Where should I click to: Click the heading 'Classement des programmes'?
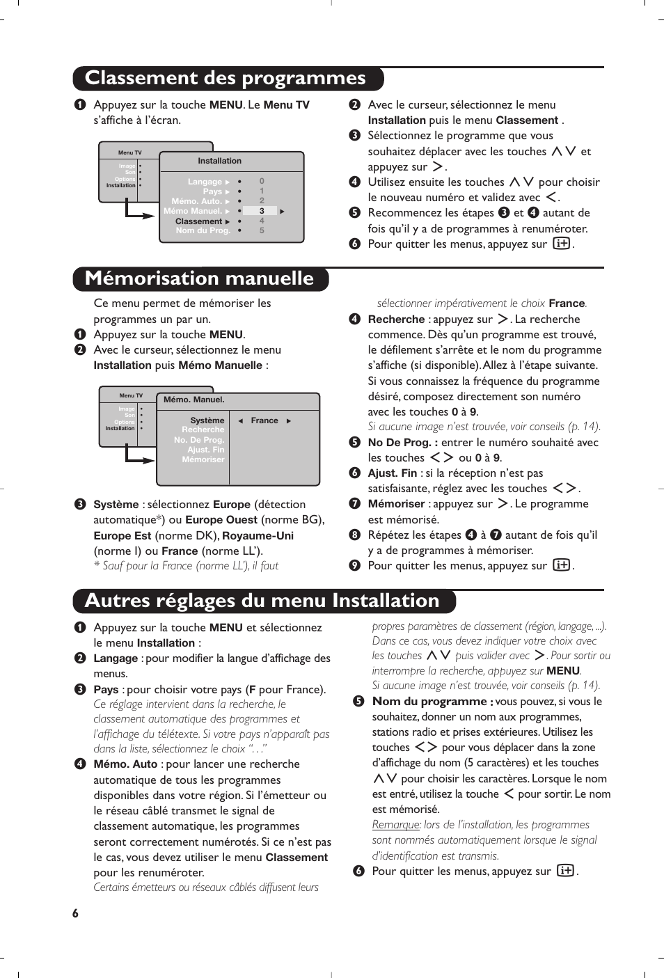225,79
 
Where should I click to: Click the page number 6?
75,913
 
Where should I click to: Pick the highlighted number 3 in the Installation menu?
262,211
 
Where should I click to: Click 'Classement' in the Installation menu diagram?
198,221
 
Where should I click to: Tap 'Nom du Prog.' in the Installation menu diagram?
203,230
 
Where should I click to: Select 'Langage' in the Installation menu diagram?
205,182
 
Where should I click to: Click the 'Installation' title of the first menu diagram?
219,161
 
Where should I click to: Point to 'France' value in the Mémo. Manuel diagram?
264,420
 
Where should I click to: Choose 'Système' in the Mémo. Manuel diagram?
207,420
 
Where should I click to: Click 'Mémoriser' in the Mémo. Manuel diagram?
203,459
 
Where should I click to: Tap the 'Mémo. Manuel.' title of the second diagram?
194,400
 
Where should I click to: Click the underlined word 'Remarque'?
396,825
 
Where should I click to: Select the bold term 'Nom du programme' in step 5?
429,702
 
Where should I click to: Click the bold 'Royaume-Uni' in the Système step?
258,536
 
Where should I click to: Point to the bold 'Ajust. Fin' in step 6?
393,473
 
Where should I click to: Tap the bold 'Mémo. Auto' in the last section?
125,764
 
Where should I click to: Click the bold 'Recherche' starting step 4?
396,320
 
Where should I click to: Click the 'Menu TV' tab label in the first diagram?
129,152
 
